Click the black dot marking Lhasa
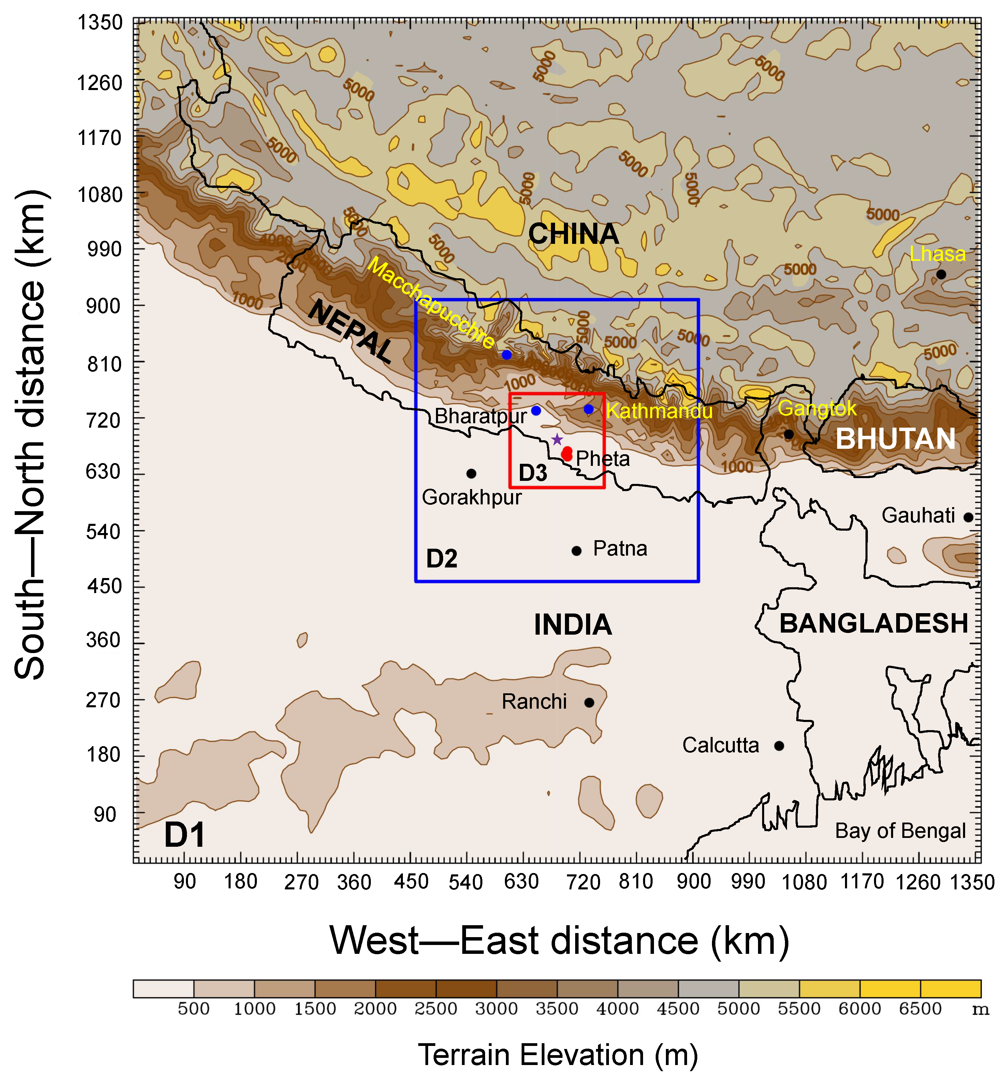coord(941,275)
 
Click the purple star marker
coord(556,440)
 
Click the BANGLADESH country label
coord(874,624)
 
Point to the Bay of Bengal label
coord(900,830)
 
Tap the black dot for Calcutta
coord(778,746)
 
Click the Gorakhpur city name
coord(471,497)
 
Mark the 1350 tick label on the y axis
coord(100,23)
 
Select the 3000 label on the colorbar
coord(496,1008)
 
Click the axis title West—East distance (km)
coord(559,941)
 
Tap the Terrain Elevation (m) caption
coord(558,1054)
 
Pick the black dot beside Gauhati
coord(968,517)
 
